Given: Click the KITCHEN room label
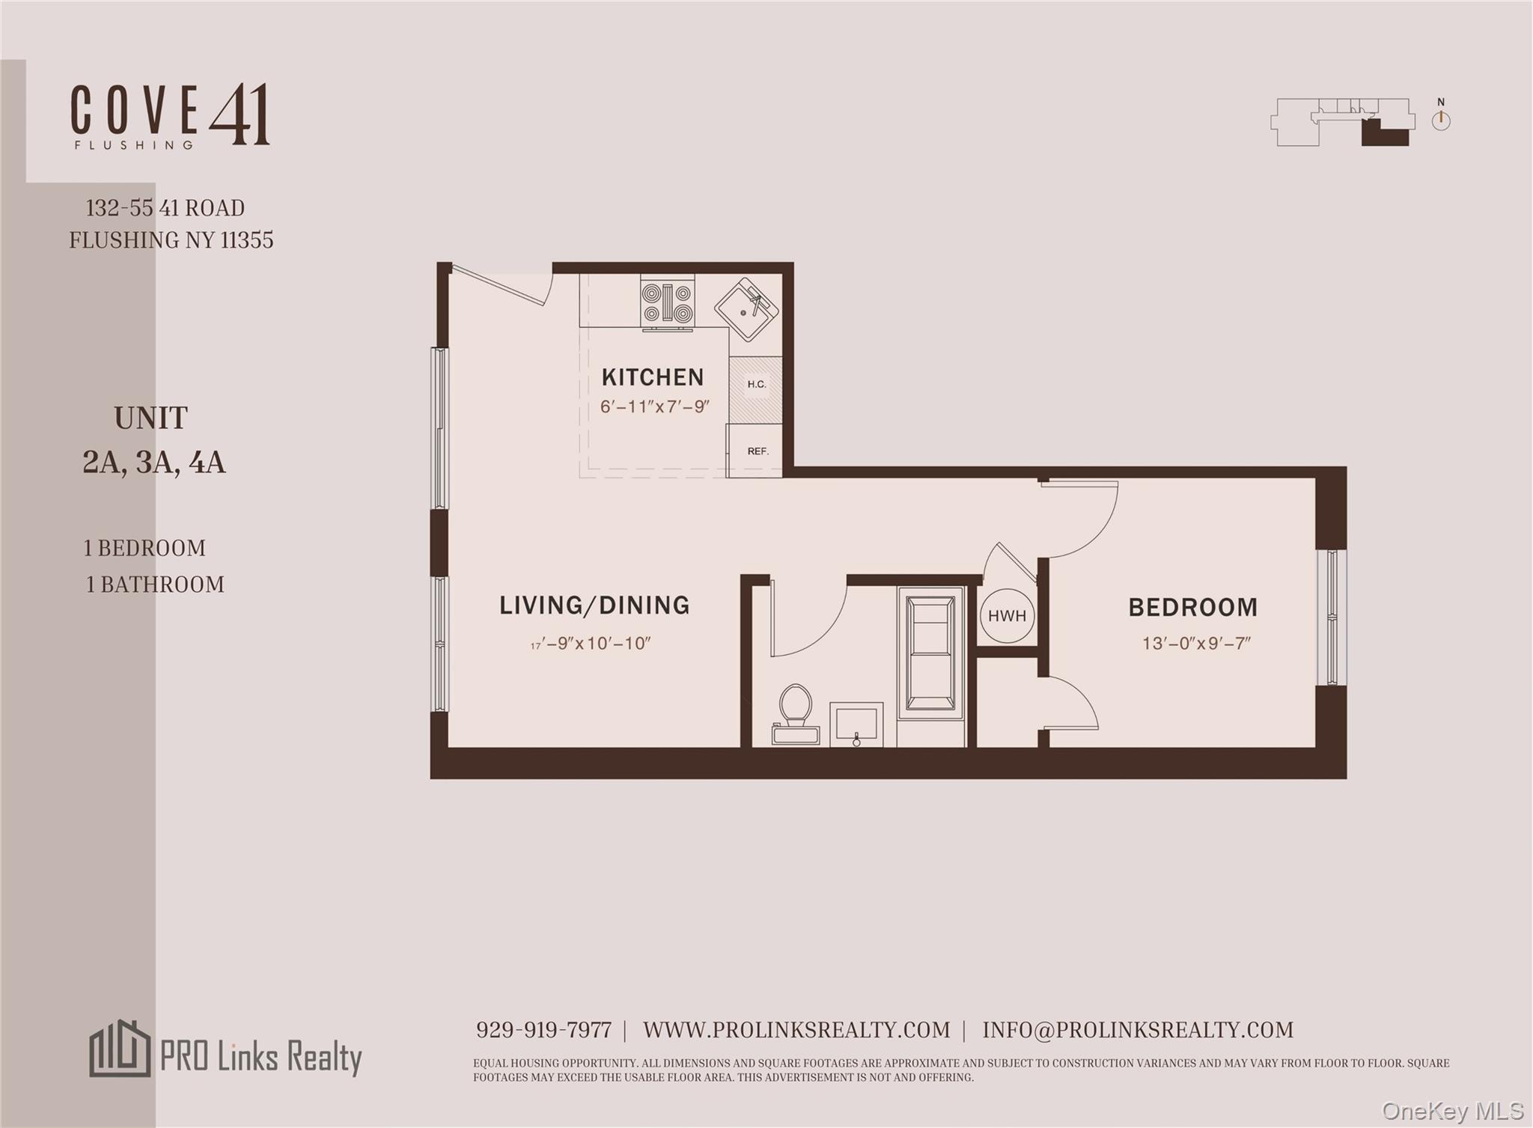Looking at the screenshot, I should [x=652, y=376].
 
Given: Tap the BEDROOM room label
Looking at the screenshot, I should [x=1192, y=607].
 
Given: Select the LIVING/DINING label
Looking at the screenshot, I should [x=594, y=605].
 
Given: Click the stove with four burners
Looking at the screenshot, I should [x=667, y=303].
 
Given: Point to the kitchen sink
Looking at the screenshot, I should [x=746, y=309].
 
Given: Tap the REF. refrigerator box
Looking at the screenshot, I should [x=757, y=451].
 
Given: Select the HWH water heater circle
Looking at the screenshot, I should [x=1007, y=616].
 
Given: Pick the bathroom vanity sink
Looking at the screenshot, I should [x=856, y=725].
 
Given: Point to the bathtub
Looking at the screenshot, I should [x=930, y=650].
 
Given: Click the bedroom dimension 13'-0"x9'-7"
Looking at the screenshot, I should [x=1196, y=643].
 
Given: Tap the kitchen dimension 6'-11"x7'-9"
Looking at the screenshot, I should [x=654, y=407].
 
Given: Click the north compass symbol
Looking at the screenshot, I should [x=1441, y=120].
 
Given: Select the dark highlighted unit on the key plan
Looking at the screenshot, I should [x=1384, y=134].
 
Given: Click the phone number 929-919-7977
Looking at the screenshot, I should [x=543, y=1030].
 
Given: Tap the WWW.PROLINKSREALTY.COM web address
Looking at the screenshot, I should [x=796, y=1030].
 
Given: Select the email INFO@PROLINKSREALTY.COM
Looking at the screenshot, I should [x=1138, y=1030].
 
